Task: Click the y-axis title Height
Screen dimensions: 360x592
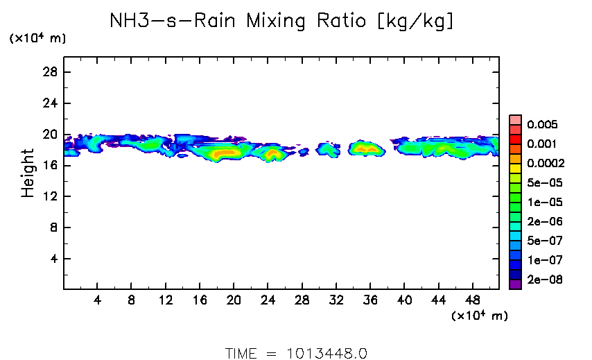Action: pos(28,173)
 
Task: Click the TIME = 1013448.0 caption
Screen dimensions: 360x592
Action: pos(296,352)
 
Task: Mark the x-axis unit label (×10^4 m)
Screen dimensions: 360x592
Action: pos(479,316)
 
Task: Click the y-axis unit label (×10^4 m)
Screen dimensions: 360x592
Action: pos(37,39)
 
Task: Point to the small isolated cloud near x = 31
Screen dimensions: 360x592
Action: pos(327,149)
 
